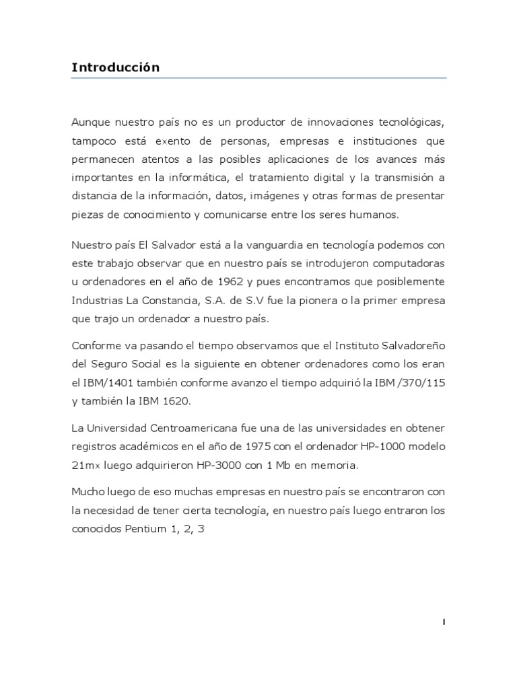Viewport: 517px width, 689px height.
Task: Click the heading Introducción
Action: (115, 68)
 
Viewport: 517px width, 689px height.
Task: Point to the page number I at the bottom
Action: (444, 622)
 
